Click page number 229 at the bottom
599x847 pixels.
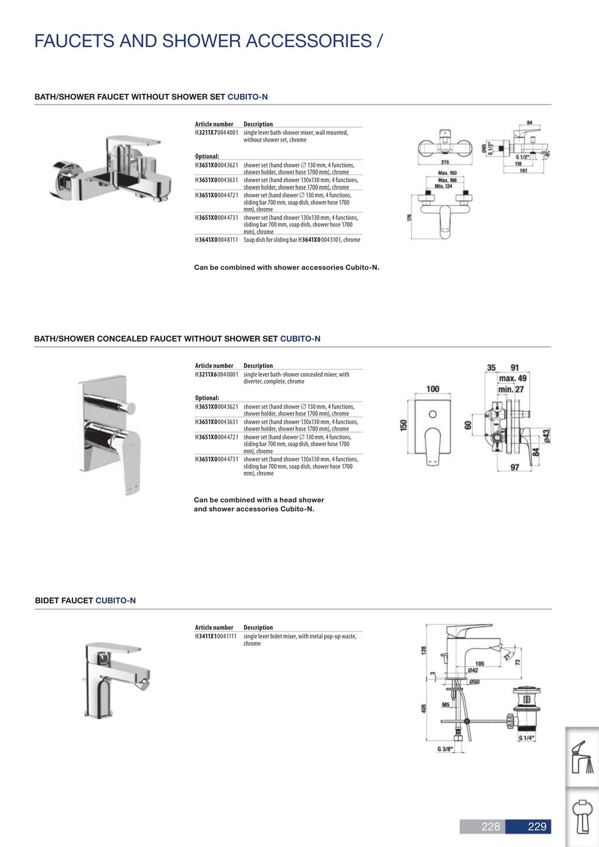click(x=537, y=826)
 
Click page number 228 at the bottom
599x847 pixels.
click(x=490, y=826)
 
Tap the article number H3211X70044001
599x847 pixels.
click(x=217, y=132)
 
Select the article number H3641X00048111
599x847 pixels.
click(x=217, y=240)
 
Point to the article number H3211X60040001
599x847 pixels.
click(x=217, y=374)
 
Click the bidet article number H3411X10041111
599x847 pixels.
click(x=217, y=636)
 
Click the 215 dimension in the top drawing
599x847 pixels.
click(x=445, y=162)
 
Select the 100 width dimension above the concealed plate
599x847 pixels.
click(x=433, y=388)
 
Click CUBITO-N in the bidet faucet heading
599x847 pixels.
click(x=116, y=601)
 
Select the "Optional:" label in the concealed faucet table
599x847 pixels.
click(x=207, y=398)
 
